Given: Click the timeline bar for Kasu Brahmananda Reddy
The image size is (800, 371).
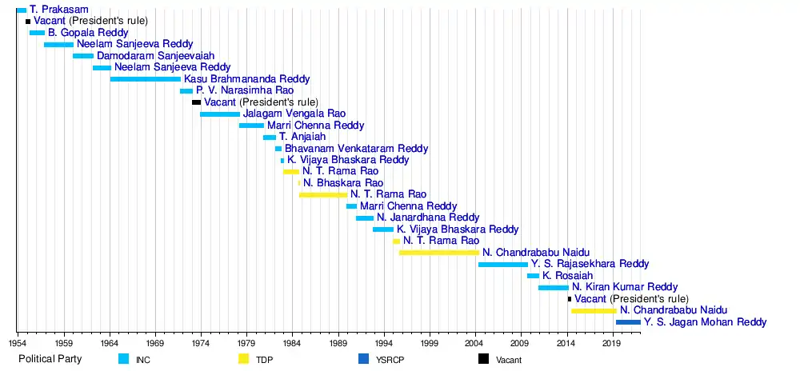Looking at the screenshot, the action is (x=146, y=79).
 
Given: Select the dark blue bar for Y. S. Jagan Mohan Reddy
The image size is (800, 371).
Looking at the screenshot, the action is (x=628, y=322).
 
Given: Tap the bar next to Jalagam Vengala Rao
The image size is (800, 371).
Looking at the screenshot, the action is (x=220, y=114).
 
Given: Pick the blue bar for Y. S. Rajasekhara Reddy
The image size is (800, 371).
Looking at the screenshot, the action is (x=503, y=265).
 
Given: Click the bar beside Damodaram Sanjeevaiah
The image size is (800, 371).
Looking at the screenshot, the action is (x=83, y=55).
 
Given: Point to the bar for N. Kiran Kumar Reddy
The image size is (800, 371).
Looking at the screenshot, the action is (x=554, y=288).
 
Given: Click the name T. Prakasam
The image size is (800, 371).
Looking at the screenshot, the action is (x=59, y=9).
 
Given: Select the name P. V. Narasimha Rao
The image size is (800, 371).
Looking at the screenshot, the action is (x=245, y=90).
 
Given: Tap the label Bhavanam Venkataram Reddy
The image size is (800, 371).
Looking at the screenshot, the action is (x=357, y=149).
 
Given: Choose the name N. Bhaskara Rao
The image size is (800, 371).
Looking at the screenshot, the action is (x=343, y=183).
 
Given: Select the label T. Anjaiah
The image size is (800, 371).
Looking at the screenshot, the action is (x=302, y=137).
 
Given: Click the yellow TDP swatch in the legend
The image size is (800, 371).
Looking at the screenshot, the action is (x=243, y=359).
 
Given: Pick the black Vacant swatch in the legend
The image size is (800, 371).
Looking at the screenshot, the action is (x=483, y=359).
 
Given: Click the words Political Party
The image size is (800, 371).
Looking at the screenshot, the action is (x=50, y=359).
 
